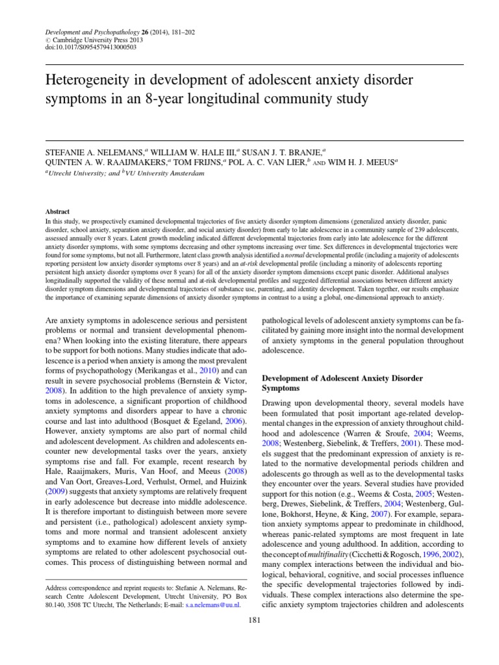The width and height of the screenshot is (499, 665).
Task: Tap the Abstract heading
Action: (x=57, y=212)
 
